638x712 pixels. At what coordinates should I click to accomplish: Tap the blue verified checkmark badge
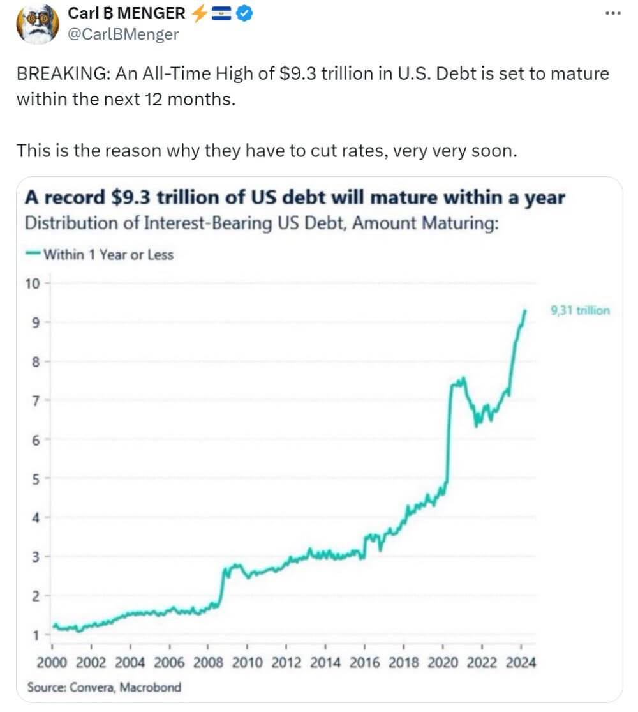245,13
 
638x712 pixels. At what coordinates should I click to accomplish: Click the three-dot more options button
612,13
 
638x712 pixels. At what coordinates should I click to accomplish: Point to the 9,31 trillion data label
579,311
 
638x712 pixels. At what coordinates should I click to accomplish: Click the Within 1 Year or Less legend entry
100,254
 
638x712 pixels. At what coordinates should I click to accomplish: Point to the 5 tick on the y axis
36,478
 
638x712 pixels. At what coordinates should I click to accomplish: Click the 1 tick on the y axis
36,635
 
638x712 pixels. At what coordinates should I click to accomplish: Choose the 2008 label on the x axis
209,662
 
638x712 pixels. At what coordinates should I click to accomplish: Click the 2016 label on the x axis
365,662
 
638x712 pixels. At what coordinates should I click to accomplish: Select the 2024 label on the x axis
521,662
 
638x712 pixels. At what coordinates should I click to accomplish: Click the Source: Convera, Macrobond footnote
104,687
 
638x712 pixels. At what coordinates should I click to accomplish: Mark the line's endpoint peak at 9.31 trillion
525,310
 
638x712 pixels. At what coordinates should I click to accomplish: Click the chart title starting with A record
295,198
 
